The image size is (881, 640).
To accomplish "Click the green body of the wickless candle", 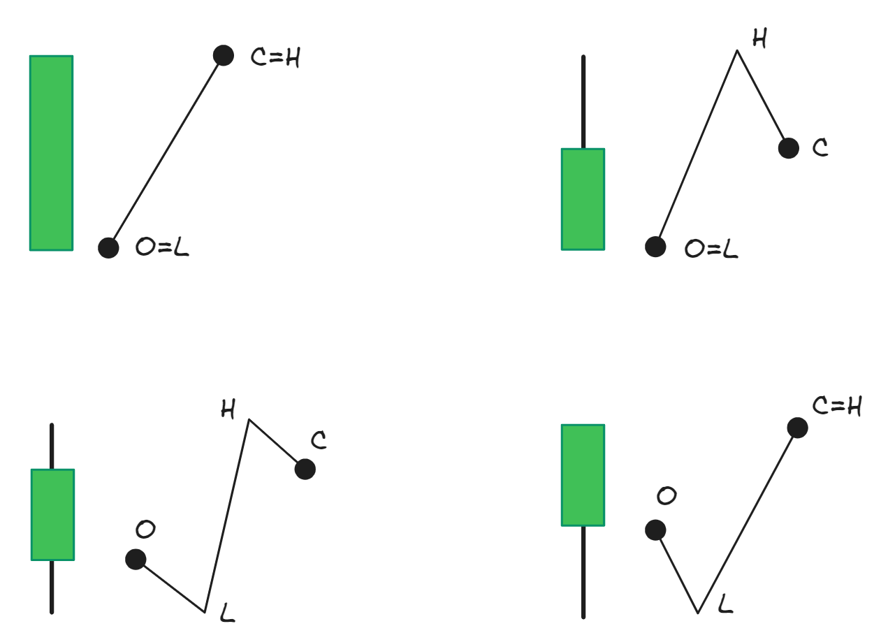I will [x=51, y=152].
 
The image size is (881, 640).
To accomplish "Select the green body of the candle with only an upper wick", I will [x=583, y=199].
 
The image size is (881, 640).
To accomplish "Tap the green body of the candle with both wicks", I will [x=52, y=514].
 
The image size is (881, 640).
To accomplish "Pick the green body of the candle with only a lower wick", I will [x=583, y=474].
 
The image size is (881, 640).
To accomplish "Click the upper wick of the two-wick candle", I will [x=52, y=446].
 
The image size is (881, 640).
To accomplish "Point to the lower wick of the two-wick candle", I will [x=52, y=587].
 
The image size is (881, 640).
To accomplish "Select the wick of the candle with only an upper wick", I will [x=583, y=102].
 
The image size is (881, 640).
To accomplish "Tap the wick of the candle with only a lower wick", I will [x=583, y=572].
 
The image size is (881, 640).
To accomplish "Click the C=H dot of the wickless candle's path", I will [x=223, y=55].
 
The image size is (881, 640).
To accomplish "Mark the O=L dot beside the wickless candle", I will [x=108, y=247].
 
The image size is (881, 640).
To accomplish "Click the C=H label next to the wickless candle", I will [x=275, y=58].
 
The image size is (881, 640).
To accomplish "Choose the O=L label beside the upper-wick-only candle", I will [x=711, y=249].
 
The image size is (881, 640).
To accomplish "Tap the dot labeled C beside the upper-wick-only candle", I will [x=788, y=148].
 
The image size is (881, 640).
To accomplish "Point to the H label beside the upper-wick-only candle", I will [x=759, y=39].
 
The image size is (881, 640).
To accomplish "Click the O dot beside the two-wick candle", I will [x=136, y=559].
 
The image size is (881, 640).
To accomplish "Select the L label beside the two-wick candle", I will [x=227, y=613].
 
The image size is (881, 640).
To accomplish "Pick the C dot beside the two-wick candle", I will [x=305, y=469].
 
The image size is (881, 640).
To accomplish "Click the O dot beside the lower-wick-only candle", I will [x=655, y=530].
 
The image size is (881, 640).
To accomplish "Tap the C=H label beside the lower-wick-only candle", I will [x=837, y=406].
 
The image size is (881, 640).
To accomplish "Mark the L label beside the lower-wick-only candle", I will [x=725, y=604].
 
